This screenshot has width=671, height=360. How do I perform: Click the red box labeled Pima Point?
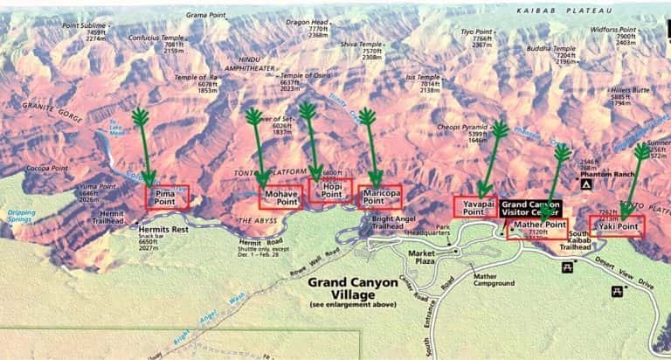coord(166,196)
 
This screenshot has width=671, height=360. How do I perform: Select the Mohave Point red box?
coord(282,197)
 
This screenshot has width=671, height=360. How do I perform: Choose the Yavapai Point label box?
coord(475,207)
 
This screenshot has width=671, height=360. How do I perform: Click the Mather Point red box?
coord(536,228)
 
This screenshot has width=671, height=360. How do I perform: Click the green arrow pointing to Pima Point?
coord(143,149)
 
